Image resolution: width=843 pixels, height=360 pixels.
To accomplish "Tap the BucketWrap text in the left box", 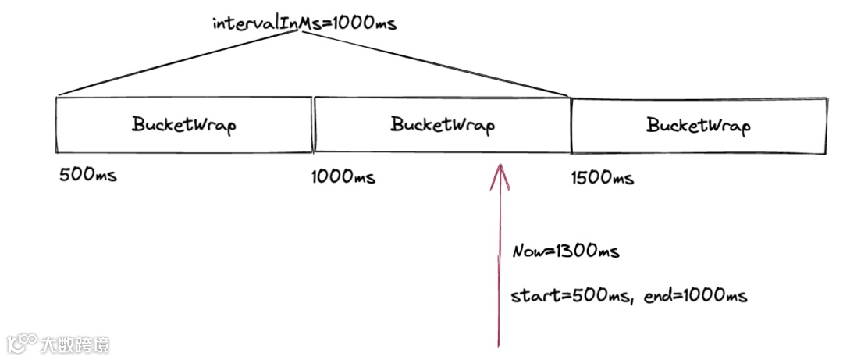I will click(183, 125).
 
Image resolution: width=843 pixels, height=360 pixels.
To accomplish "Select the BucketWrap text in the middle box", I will click(443, 125).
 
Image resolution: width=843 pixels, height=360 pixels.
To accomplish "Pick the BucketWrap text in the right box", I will click(699, 125).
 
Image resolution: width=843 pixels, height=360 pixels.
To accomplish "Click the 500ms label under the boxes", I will click(88, 175).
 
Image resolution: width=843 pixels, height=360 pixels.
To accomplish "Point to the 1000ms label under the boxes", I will click(343, 177).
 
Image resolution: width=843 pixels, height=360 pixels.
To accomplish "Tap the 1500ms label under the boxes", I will click(603, 178).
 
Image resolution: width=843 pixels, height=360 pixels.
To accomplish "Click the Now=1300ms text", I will click(566, 251).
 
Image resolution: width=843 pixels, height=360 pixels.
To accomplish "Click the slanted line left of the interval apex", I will click(180, 66).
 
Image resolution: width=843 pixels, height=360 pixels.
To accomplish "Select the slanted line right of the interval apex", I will click(437, 66).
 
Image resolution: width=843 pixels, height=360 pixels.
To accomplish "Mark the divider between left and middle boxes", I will click(313, 125).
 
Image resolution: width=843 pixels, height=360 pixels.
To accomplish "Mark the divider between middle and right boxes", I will click(571, 125).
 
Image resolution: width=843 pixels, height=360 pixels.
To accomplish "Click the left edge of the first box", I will click(57, 125).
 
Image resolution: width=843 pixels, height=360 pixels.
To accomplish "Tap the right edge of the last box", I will click(826, 125).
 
